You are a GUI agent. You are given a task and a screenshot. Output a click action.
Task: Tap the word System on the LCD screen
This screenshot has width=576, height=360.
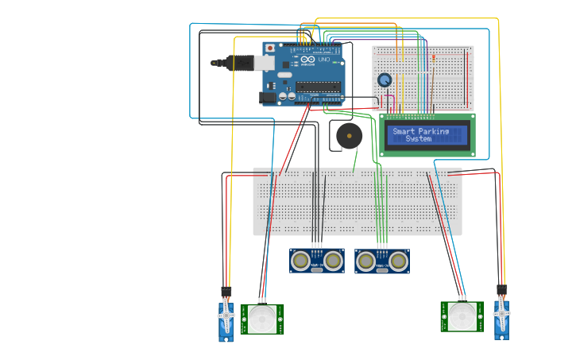(x=419, y=139)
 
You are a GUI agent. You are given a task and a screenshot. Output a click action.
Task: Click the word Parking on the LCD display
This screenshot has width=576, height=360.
(x=433, y=132)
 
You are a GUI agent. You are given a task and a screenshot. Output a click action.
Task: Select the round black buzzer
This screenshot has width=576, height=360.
(x=349, y=136)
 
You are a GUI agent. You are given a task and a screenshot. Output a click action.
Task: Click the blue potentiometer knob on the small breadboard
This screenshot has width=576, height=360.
(x=385, y=80)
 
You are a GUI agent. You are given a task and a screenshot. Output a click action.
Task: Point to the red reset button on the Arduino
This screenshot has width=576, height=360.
(x=270, y=48)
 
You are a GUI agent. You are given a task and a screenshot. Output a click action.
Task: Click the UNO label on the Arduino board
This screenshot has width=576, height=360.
(x=324, y=60)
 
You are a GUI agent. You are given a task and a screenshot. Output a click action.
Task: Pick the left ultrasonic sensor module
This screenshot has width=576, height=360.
(x=316, y=260)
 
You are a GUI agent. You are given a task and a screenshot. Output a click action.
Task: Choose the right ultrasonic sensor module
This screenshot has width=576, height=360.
(x=382, y=260)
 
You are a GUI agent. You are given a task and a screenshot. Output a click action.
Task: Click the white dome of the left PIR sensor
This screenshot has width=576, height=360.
(x=262, y=319)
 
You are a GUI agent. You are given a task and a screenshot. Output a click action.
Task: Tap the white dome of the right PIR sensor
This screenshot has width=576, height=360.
(x=462, y=316)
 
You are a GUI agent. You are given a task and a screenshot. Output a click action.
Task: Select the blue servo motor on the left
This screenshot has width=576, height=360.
(x=226, y=320)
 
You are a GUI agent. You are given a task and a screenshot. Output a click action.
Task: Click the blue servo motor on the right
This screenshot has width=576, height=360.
(x=501, y=318)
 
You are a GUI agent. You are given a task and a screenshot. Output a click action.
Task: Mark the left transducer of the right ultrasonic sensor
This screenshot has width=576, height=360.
(x=366, y=260)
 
